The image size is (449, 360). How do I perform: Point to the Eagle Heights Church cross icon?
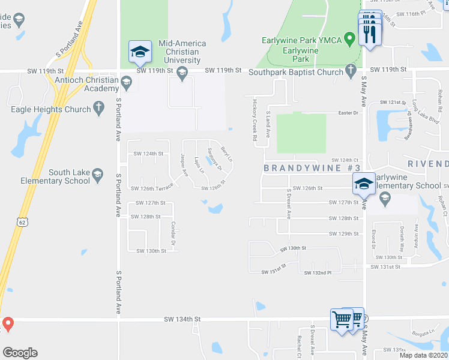tap(99, 109)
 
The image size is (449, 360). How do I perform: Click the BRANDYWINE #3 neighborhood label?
tap(312, 169)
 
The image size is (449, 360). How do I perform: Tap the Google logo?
tap(20, 353)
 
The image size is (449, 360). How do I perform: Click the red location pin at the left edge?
tap(7, 325)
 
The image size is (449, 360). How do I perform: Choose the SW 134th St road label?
tap(182, 320)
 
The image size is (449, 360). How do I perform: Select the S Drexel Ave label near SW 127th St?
tap(288, 205)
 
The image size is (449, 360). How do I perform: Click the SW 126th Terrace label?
tap(152, 188)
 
